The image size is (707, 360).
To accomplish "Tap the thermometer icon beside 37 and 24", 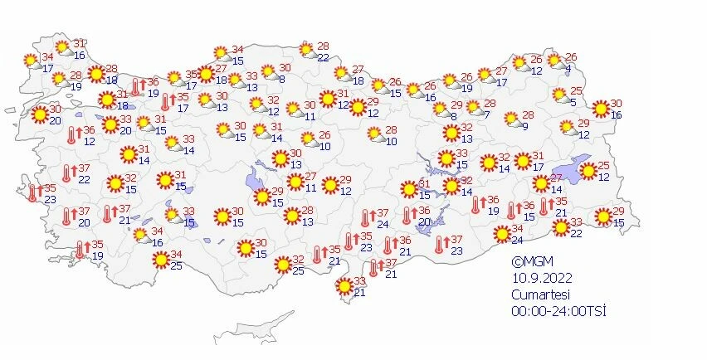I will click(x=364, y=219).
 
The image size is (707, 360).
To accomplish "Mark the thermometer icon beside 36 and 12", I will click(x=71, y=135).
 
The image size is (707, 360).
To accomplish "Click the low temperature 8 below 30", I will click(x=282, y=80).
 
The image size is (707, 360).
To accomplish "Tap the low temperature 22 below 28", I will click(x=323, y=57).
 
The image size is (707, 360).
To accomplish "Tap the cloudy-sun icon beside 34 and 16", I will click(x=142, y=236).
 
